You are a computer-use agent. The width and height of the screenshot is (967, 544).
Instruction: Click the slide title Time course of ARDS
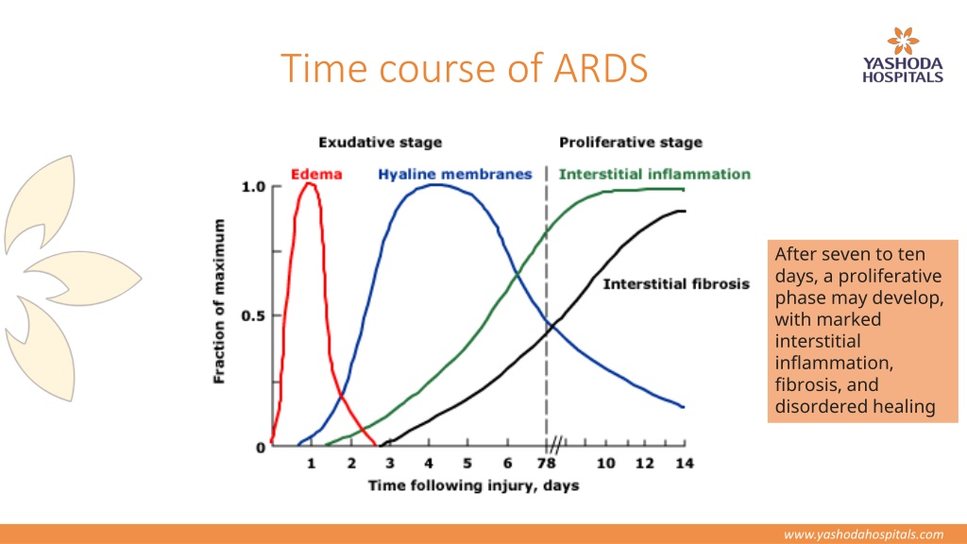(x=464, y=68)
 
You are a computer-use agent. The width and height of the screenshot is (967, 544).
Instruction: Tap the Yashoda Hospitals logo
(x=902, y=55)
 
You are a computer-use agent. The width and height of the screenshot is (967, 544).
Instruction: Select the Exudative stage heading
(x=380, y=143)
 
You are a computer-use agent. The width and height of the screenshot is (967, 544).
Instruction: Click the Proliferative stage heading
(x=630, y=143)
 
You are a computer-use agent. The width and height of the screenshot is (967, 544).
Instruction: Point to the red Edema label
(x=316, y=175)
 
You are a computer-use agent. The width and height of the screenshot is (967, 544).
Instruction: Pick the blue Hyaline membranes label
(x=454, y=175)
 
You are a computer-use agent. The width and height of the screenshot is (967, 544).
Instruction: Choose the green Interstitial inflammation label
(x=654, y=175)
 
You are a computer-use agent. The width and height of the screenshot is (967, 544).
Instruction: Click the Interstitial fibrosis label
(x=676, y=284)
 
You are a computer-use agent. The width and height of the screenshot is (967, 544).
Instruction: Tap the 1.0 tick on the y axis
(x=253, y=187)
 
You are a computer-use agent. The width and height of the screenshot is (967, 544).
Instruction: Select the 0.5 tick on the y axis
(x=253, y=315)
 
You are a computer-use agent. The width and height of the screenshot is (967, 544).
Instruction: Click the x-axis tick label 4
(x=429, y=463)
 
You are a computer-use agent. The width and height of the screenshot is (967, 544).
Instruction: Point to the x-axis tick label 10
(x=605, y=463)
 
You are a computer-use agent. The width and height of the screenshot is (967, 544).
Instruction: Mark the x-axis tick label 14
(x=685, y=463)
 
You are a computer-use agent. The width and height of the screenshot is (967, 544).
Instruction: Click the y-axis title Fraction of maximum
(x=219, y=301)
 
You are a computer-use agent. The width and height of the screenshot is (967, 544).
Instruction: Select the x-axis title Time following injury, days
(x=474, y=486)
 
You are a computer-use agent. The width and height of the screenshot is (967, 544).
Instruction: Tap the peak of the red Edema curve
(x=310, y=183)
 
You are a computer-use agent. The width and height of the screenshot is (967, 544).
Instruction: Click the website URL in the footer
(x=863, y=535)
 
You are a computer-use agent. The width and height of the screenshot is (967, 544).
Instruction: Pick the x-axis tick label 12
(x=645, y=463)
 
